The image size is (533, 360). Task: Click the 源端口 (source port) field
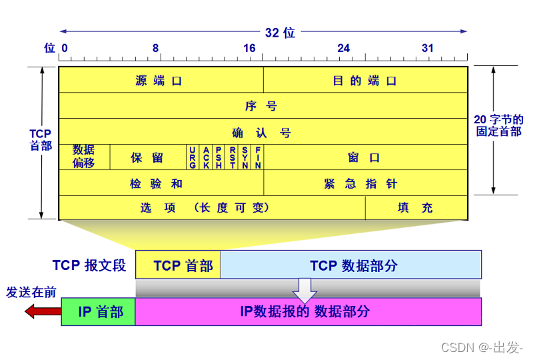[160, 81]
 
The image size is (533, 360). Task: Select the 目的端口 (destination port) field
[364, 81]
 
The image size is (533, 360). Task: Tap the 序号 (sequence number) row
[262, 105]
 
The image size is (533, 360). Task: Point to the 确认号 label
[262, 132]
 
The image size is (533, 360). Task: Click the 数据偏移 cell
[84, 157]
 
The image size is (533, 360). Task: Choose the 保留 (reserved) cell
[147, 157]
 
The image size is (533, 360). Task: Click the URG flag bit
[193, 157]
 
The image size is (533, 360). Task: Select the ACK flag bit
[206, 157]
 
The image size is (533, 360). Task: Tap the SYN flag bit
[245, 157]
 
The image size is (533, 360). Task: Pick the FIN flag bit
[258, 157]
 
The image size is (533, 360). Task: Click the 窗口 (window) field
[364, 157]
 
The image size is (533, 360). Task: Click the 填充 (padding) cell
[415, 207]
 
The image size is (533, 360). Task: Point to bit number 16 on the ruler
[249, 48]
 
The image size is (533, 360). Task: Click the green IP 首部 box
[99, 311]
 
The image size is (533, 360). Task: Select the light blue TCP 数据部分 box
[351, 265]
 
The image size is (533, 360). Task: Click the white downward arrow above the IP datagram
[305, 289]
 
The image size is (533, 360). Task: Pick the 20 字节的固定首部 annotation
[498, 125]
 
